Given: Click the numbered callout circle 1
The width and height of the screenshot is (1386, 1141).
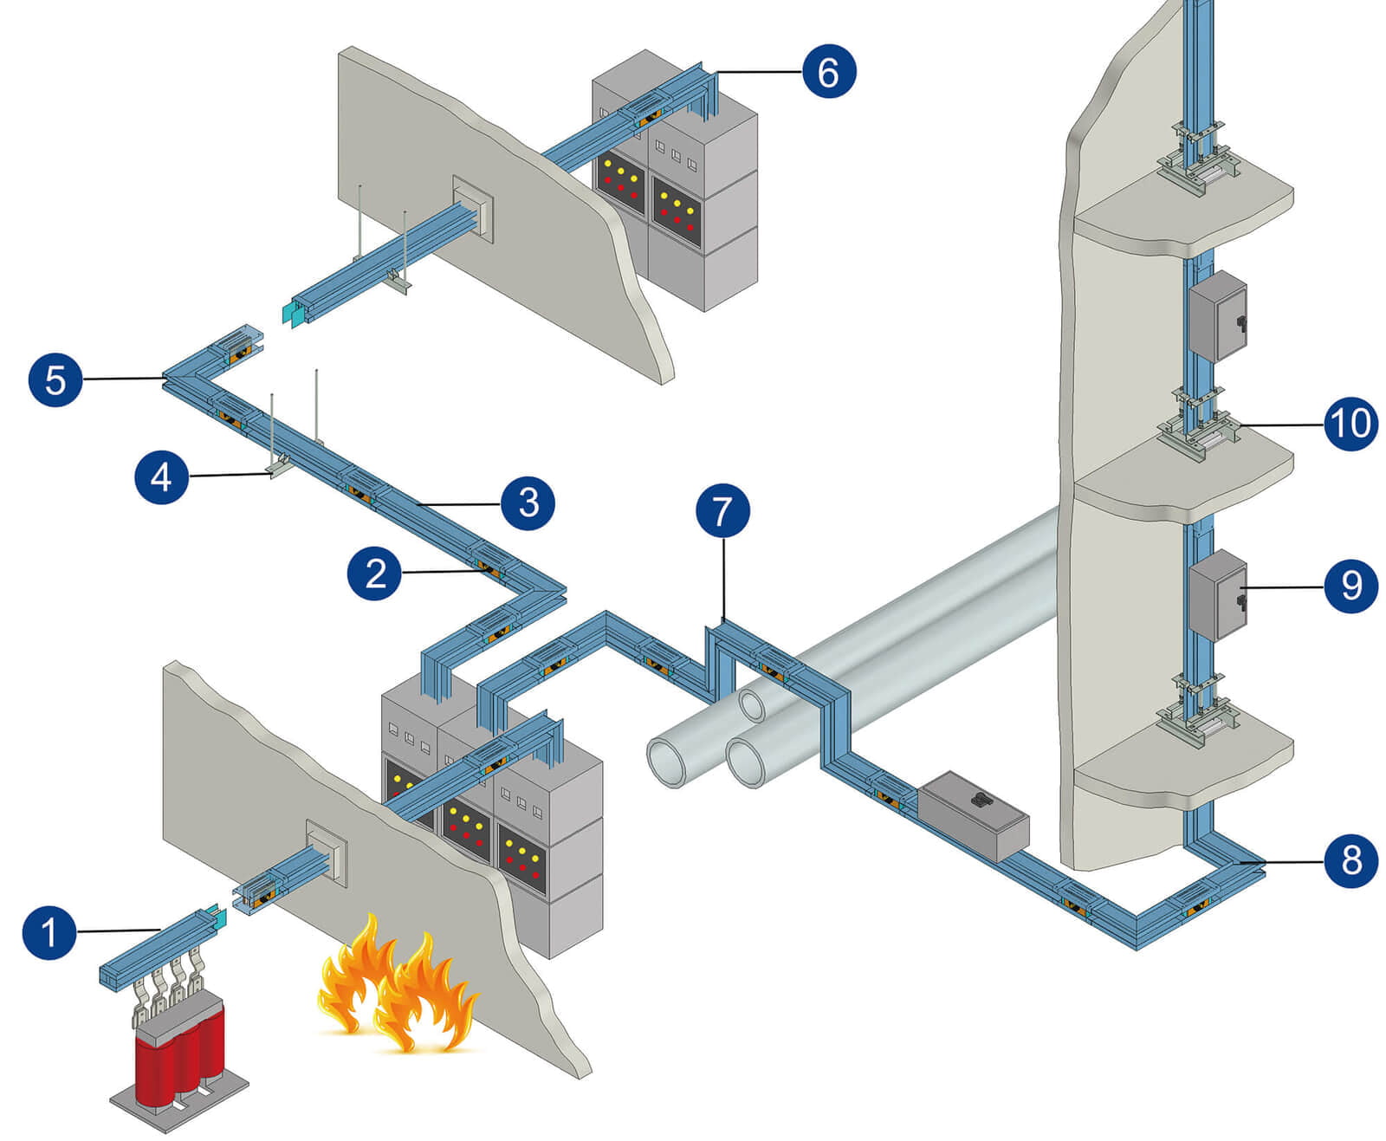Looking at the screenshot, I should pyautogui.click(x=49, y=931).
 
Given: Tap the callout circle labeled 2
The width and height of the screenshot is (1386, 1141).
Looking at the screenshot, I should pyautogui.click(x=374, y=573).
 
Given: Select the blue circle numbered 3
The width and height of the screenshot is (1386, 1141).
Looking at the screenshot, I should pyautogui.click(x=528, y=502).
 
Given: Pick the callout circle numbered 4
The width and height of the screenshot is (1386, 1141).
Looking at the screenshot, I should pyautogui.click(x=162, y=476).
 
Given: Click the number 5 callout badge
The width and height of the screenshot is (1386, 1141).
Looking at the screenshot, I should pyautogui.click(x=55, y=379).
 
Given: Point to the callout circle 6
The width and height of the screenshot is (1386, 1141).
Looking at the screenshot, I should pyautogui.click(x=828, y=71).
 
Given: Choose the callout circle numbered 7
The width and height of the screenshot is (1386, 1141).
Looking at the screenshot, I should pyautogui.click(x=722, y=510).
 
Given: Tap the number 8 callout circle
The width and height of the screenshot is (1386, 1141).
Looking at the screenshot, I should pyautogui.click(x=1350, y=860).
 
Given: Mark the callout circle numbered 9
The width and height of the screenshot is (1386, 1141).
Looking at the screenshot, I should pyautogui.click(x=1350, y=586).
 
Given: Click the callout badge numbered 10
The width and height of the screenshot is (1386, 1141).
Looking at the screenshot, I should pyautogui.click(x=1350, y=424).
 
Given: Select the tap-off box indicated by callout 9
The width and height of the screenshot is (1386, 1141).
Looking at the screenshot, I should pyautogui.click(x=1217, y=595).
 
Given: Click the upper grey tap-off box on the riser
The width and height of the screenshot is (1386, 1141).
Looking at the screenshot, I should pyautogui.click(x=1217, y=315).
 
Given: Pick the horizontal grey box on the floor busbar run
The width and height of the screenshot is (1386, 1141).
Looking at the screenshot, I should pyautogui.click(x=973, y=814).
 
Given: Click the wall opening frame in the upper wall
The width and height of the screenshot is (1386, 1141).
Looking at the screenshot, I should pyautogui.click(x=473, y=208).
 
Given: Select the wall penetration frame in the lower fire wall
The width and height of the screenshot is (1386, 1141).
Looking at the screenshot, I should pyautogui.click(x=327, y=852).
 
